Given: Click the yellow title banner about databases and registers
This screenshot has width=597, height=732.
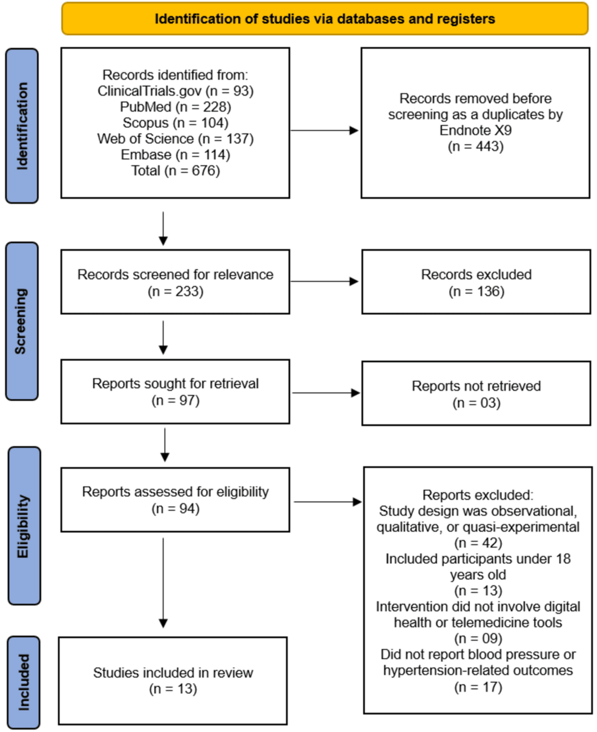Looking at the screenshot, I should (x=325, y=19).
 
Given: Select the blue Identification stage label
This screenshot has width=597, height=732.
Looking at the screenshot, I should (x=22, y=126).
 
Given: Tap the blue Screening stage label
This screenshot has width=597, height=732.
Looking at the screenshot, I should (x=22, y=321).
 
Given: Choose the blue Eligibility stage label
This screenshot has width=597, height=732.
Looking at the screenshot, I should (x=24, y=526).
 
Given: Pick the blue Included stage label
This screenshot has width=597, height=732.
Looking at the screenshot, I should (x=24, y=682).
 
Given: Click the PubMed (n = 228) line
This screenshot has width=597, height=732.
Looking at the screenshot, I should (x=175, y=107).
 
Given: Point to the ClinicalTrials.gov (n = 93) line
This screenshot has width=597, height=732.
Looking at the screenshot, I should (x=175, y=91).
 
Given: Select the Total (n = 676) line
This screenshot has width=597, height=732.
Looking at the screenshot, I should (x=175, y=171).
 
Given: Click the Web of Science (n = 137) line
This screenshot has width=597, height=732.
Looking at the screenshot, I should (x=175, y=139).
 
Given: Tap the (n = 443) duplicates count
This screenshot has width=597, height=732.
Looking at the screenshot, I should (x=475, y=146).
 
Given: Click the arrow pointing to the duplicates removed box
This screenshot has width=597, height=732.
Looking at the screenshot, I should (x=325, y=130).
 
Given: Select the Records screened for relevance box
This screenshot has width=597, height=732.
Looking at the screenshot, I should (x=175, y=282).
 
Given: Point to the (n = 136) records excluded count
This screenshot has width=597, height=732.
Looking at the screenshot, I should (x=476, y=291).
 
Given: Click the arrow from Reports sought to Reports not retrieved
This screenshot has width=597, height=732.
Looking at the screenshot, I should (x=325, y=392).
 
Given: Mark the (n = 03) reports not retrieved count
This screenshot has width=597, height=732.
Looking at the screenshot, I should (x=476, y=402).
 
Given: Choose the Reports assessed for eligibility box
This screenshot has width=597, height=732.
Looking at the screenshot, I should (x=175, y=500).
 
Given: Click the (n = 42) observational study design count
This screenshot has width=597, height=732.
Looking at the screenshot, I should (x=477, y=542).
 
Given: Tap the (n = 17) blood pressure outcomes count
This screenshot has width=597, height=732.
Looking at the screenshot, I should (x=477, y=687).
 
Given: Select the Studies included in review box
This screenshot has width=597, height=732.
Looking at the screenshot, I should (x=173, y=681).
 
